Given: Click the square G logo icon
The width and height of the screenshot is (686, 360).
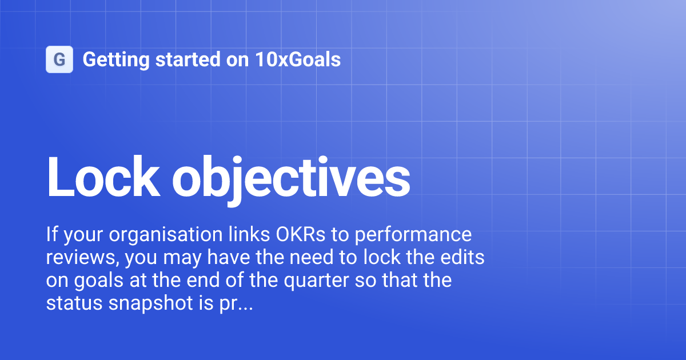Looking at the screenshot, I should pos(59,59).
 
